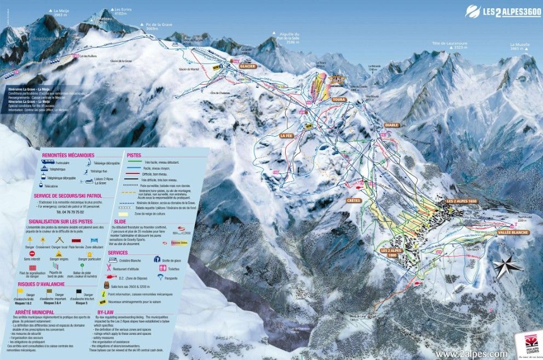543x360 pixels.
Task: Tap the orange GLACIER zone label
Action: (247, 66)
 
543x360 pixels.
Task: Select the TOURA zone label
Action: (339, 100)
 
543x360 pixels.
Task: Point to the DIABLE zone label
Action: (392, 125)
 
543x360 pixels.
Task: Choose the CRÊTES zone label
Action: (354, 201)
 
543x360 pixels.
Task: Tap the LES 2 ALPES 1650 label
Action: (463, 201)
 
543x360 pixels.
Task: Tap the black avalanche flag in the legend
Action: (79, 292)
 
